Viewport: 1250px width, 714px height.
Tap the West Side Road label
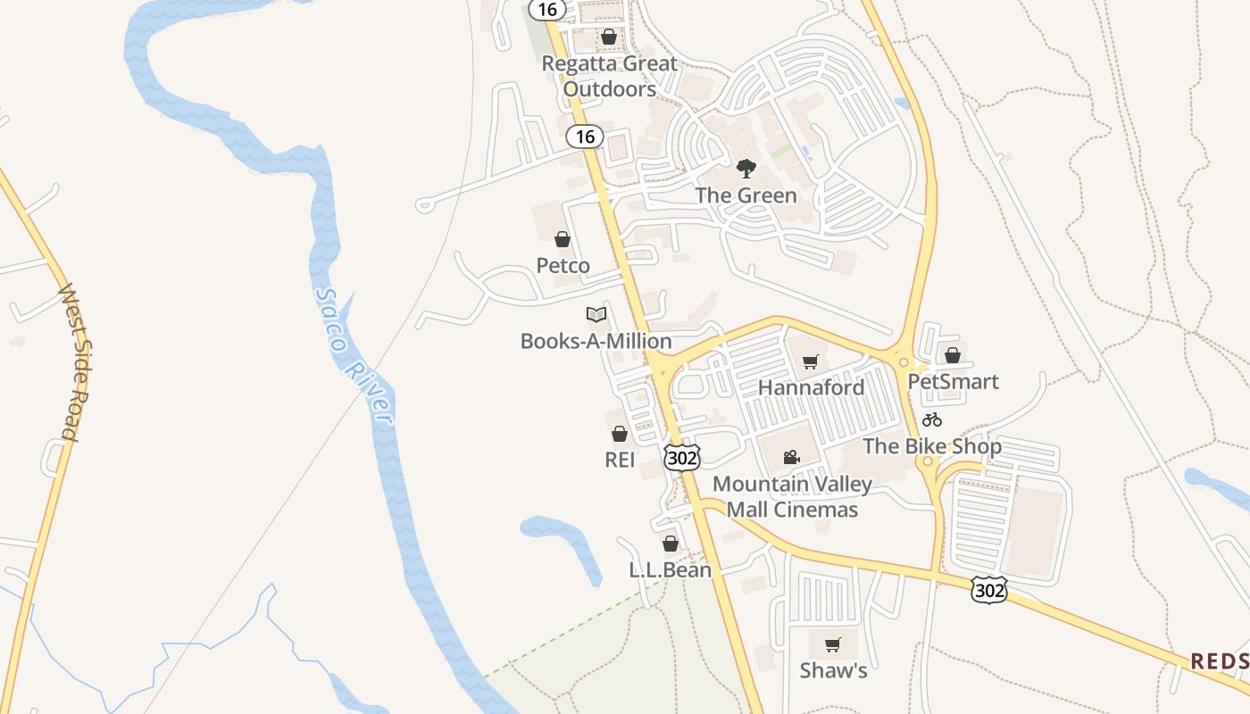[x=70, y=361]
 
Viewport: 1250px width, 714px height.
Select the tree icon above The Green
[x=746, y=169]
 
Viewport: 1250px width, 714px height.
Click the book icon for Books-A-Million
[x=596, y=314]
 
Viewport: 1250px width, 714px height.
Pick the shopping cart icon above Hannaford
[x=811, y=361]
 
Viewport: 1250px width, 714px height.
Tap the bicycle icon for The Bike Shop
[x=932, y=419]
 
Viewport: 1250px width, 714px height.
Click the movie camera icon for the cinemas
[x=791, y=458]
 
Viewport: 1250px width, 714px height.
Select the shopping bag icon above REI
[x=620, y=435]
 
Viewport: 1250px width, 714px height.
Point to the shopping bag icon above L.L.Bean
[x=671, y=544]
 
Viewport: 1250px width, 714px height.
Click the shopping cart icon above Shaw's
[x=832, y=644]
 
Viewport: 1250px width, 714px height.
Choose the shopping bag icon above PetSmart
[x=953, y=355]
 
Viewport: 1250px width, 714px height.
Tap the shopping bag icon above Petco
[x=562, y=239]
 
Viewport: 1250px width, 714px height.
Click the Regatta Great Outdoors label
[x=610, y=77]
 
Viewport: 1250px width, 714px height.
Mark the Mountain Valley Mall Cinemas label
[x=792, y=497]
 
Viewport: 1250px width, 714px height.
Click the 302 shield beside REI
[x=681, y=458]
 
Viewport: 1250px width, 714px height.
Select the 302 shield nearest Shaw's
[x=989, y=589]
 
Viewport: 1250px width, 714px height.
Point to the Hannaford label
[x=811, y=387]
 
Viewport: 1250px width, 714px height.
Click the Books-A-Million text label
[x=596, y=341]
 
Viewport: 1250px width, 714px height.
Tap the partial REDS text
[x=1220, y=660]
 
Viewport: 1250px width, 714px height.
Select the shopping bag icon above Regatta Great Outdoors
[x=608, y=37]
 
